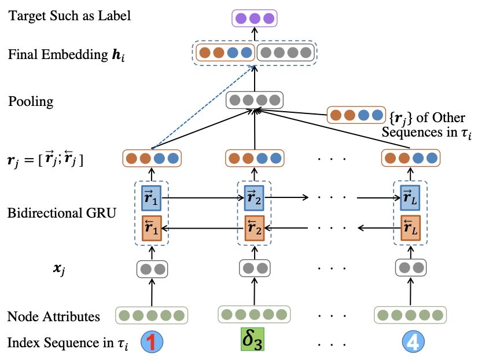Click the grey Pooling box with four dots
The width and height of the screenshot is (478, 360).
255,100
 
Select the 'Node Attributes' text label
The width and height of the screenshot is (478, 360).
53,317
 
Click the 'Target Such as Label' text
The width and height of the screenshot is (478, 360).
69,15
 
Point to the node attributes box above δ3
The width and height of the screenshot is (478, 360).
254,314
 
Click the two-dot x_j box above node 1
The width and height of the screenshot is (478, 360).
152,269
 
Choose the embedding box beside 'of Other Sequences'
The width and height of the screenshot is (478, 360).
355,114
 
